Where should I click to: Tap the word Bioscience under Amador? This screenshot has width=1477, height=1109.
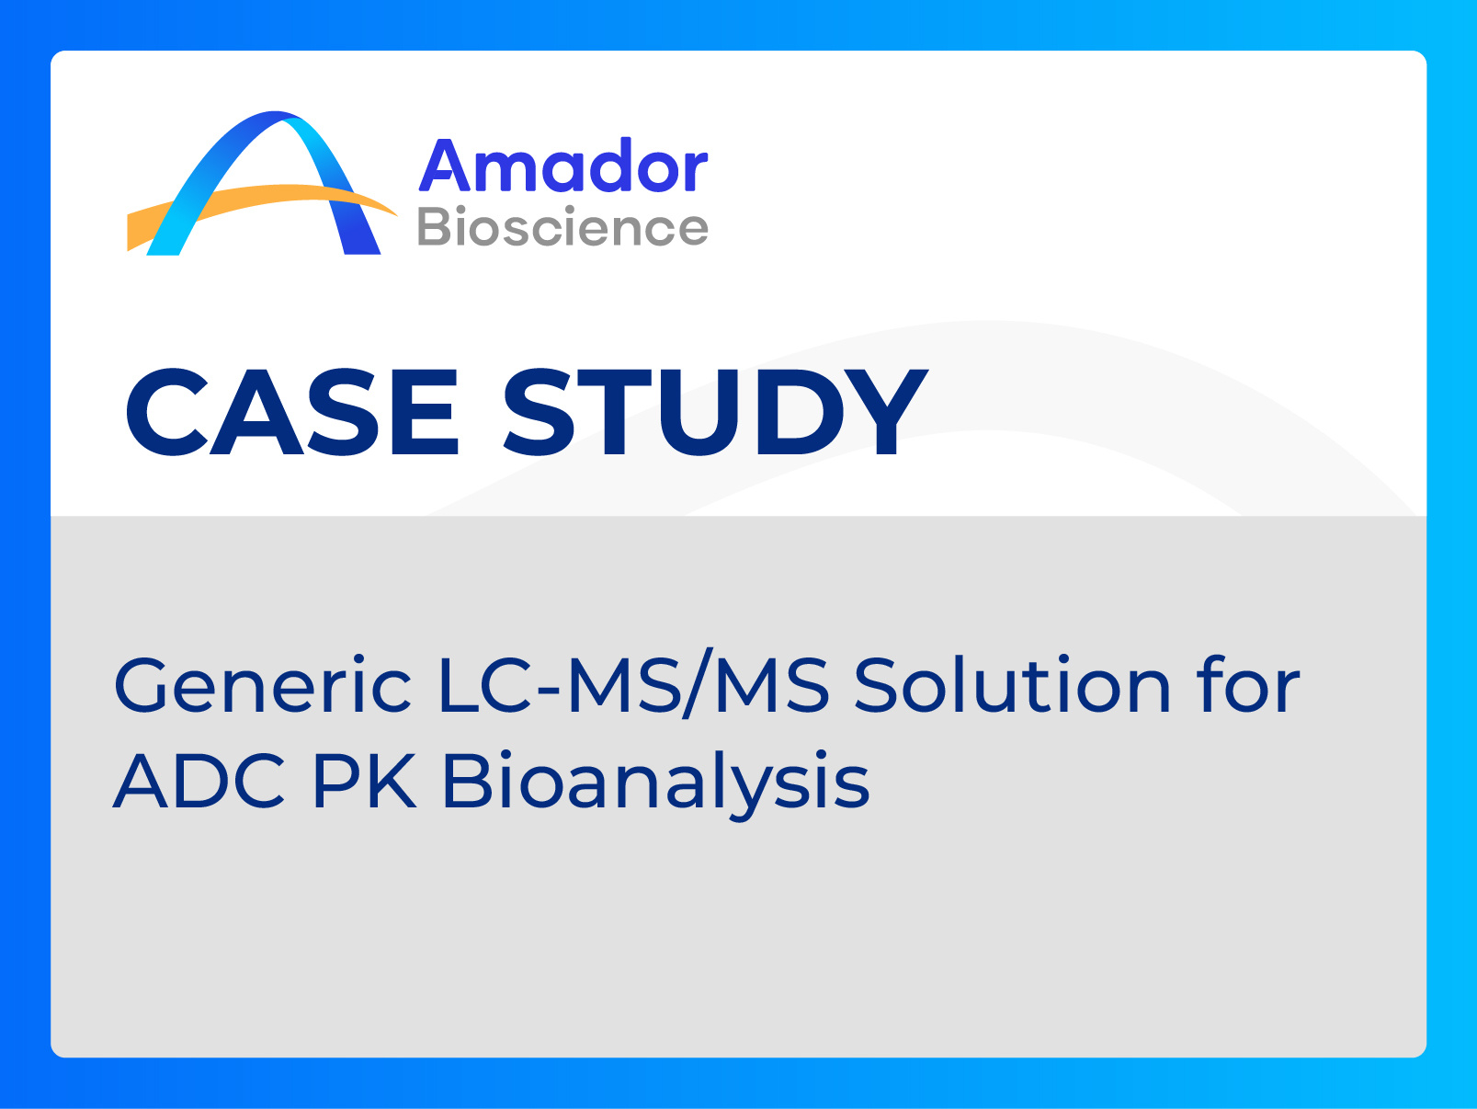pyautogui.click(x=562, y=227)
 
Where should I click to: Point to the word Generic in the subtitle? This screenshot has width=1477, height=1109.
pyautogui.click(x=263, y=686)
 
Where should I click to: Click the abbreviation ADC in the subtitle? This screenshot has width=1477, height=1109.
pyautogui.click(x=199, y=782)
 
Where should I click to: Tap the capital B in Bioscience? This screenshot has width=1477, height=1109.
pyautogui.click(x=436, y=227)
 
